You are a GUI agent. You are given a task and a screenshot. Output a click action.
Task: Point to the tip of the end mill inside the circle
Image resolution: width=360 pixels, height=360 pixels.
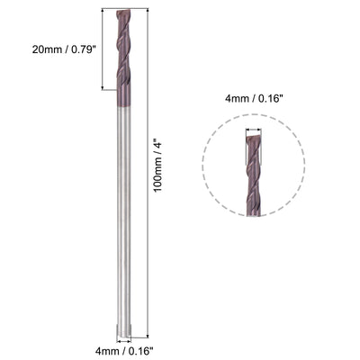pos(254,135)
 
